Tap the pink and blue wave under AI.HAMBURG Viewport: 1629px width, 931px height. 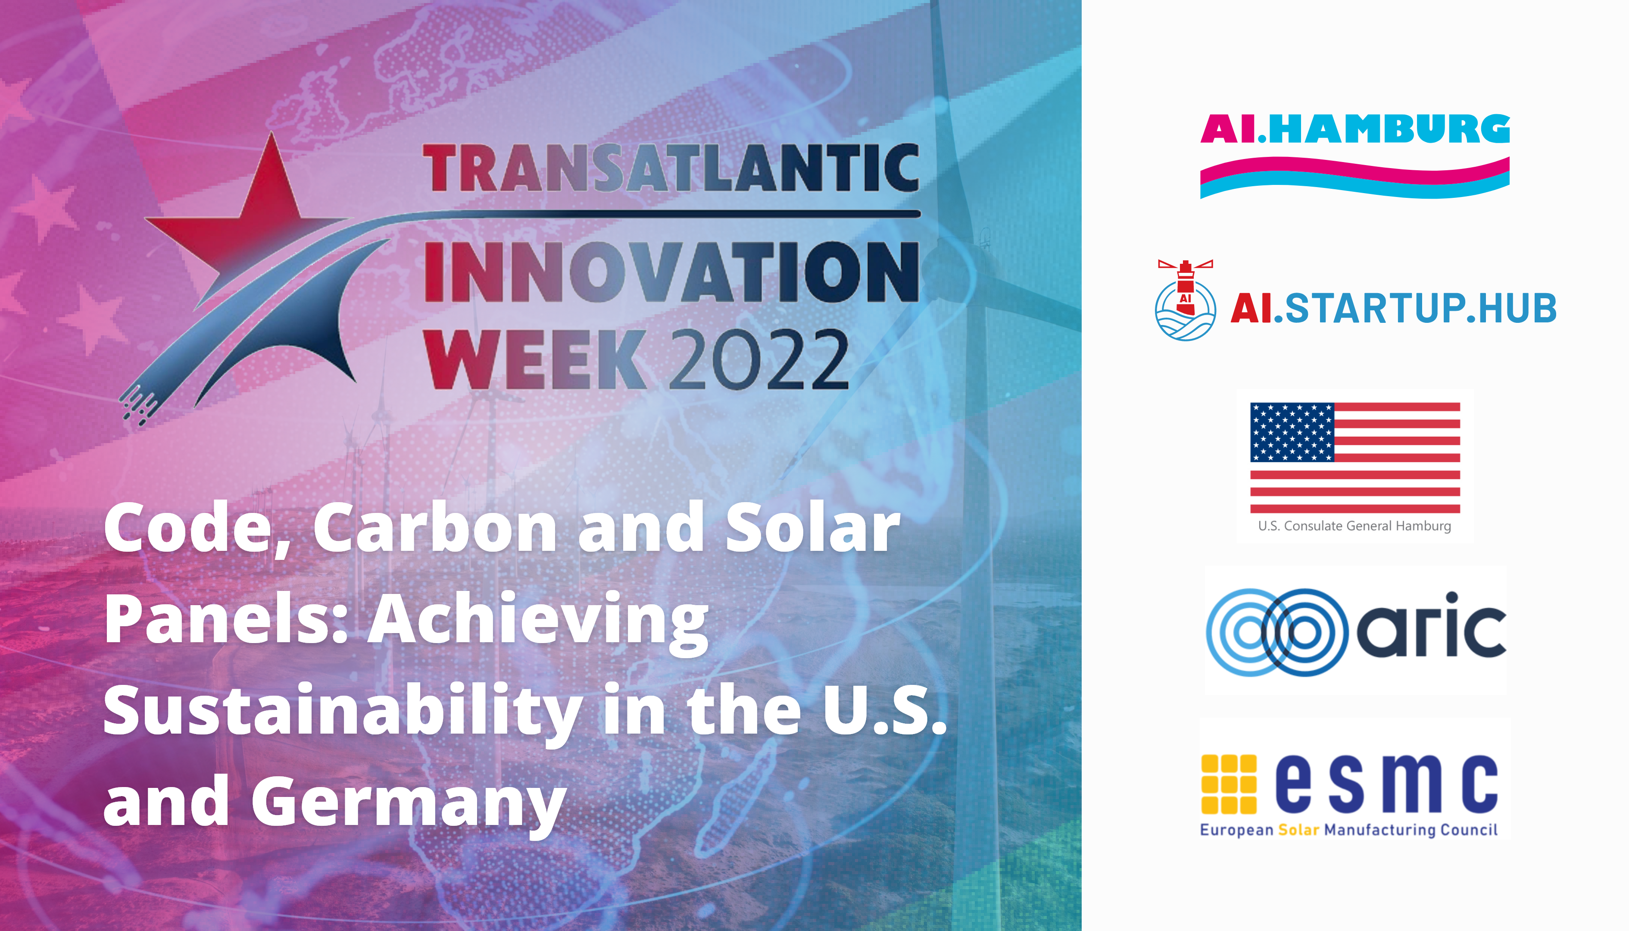click(x=1355, y=178)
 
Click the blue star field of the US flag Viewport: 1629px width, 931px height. click(x=1292, y=432)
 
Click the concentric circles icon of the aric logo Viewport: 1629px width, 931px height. click(x=1277, y=632)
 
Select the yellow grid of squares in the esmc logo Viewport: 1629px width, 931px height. click(x=1229, y=784)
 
